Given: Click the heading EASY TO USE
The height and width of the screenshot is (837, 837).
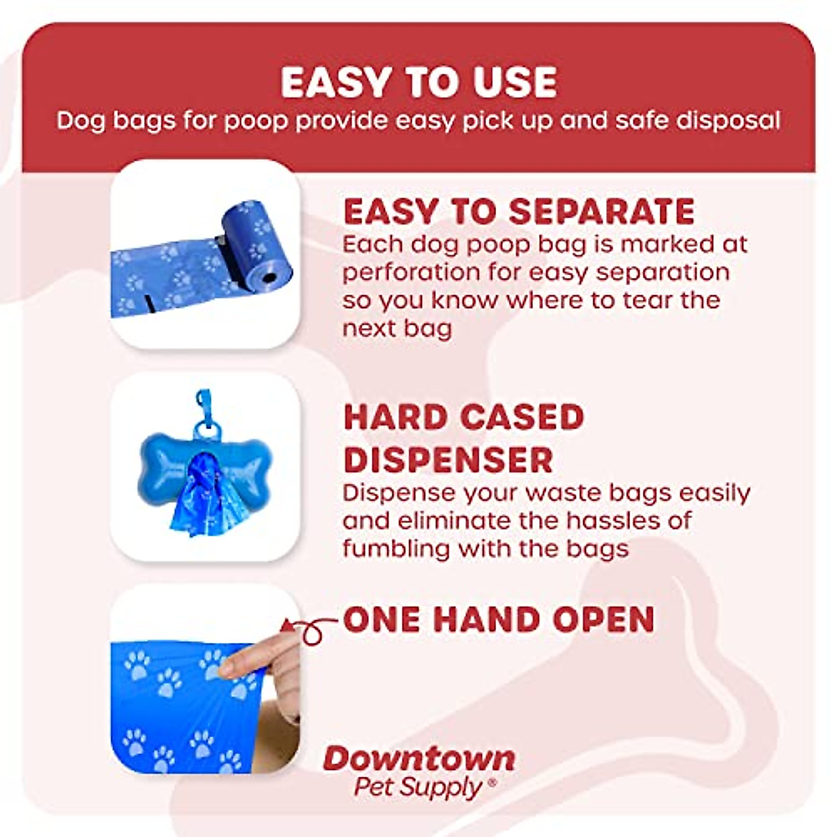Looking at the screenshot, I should pos(418,82).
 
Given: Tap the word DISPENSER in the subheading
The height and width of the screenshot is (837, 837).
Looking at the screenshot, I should pos(448,460).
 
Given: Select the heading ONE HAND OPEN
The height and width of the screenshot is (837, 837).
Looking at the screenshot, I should pos(499,619).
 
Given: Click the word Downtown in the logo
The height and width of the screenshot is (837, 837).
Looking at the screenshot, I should pos(418,759).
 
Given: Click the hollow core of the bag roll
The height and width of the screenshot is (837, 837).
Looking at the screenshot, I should pos(269,279).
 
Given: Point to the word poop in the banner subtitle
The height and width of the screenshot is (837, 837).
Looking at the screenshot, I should pos(255,121).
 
